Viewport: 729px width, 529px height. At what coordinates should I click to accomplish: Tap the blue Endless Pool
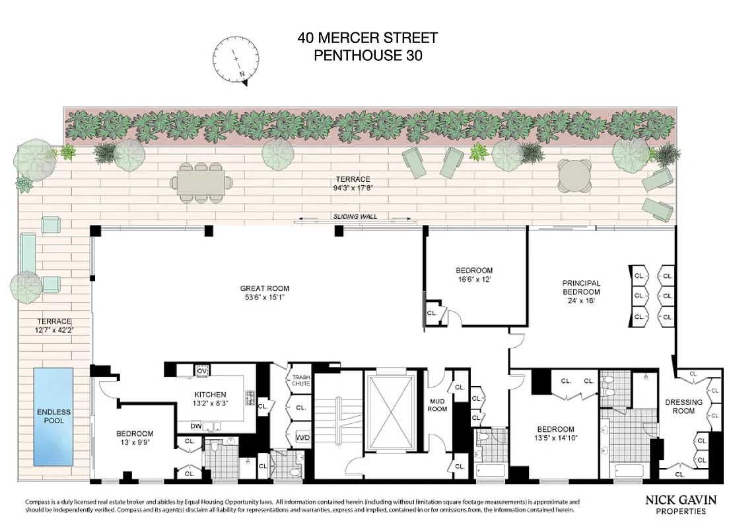pos(53,417)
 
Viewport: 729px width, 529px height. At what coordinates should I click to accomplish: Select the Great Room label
pos(264,288)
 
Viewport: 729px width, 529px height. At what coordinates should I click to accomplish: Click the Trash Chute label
pos(301,380)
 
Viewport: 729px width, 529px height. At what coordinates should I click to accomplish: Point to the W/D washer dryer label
pos(302,437)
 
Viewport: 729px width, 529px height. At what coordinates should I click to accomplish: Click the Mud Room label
pos(437,404)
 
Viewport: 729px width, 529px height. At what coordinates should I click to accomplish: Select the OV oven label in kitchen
pos(202,371)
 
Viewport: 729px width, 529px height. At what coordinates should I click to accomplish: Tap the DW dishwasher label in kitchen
pos(196,427)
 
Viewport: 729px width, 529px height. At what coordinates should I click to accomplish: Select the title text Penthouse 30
pos(367,56)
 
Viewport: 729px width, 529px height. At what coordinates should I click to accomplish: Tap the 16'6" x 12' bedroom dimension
pos(474,280)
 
